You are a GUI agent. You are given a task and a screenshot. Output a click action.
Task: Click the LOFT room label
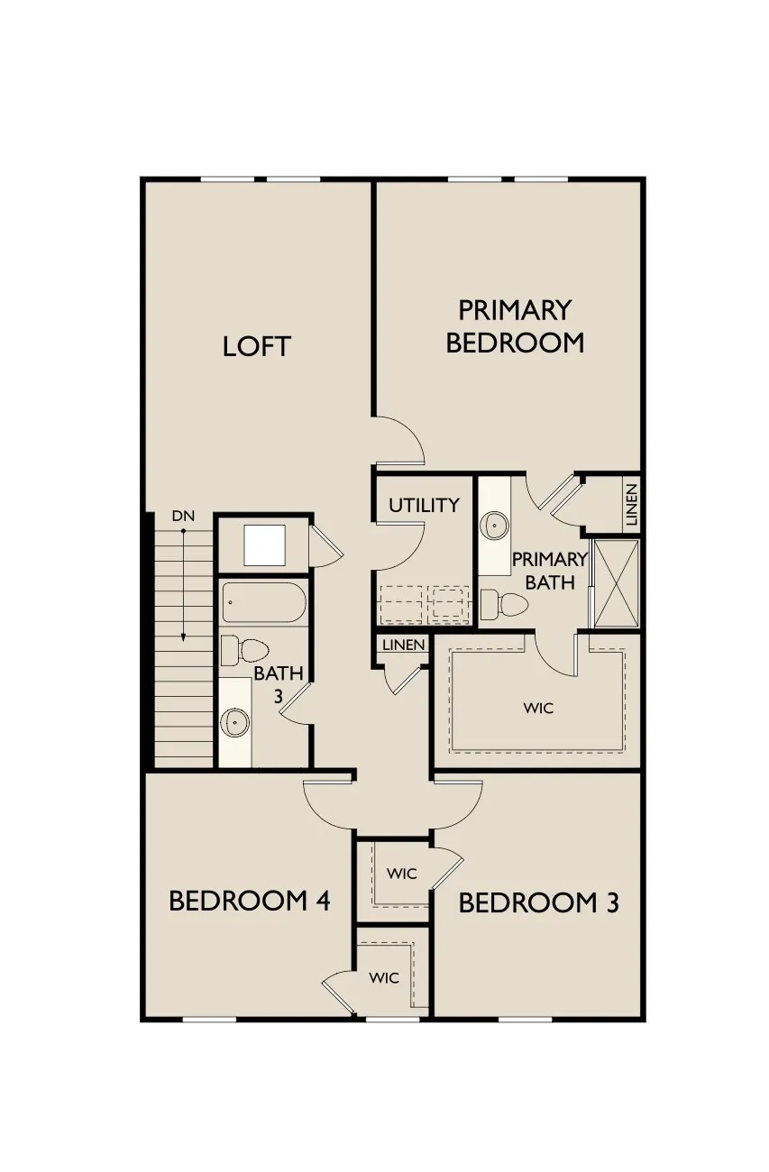coord(256,346)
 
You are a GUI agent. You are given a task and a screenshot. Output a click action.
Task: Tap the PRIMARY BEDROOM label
coord(515,326)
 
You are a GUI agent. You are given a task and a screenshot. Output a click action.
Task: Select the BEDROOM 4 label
coord(250,901)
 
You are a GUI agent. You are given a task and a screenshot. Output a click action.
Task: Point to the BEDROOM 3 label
coord(539,902)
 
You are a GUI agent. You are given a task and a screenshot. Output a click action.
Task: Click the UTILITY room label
coord(424,505)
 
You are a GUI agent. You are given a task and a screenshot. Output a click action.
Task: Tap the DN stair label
coord(183,516)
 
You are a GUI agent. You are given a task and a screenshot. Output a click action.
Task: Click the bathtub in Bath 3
coord(263,602)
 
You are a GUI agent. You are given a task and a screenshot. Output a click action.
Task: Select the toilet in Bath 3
coord(244,651)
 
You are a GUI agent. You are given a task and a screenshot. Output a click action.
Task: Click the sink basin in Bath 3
coord(235,722)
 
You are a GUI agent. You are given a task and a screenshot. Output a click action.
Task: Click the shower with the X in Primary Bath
coord(617,583)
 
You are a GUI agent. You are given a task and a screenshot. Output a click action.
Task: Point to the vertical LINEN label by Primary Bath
coord(631,504)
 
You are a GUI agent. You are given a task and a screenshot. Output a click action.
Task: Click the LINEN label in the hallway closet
coord(403,645)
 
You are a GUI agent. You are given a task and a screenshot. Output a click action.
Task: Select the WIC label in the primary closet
coord(538,709)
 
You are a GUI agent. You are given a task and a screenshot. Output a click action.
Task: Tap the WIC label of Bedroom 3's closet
coord(402,874)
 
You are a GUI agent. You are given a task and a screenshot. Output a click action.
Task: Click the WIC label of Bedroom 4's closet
coord(384,977)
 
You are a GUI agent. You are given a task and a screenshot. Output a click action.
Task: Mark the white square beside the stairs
coord(265,545)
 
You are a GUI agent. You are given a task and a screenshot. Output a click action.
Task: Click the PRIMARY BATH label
coord(549,571)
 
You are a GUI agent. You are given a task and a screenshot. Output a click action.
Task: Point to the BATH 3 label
coord(279,684)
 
